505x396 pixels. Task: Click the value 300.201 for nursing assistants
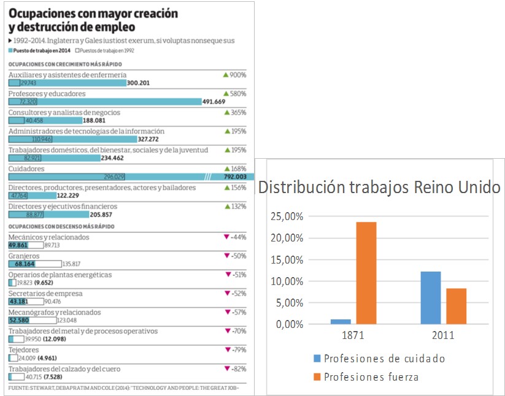[138, 83]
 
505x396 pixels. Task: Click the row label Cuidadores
[26, 169]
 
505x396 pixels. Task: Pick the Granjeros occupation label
[24, 256]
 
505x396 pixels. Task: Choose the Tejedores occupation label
[23, 350]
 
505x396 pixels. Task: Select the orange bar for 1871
[366, 273]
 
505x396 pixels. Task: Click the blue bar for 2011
[431, 297]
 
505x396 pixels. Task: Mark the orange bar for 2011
[456, 306]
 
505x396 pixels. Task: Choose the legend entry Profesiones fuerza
[371, 376]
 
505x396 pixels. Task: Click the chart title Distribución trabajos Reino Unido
[379, 187]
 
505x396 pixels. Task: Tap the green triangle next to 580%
[226, 94]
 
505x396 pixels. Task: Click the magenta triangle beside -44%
[226, 237]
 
